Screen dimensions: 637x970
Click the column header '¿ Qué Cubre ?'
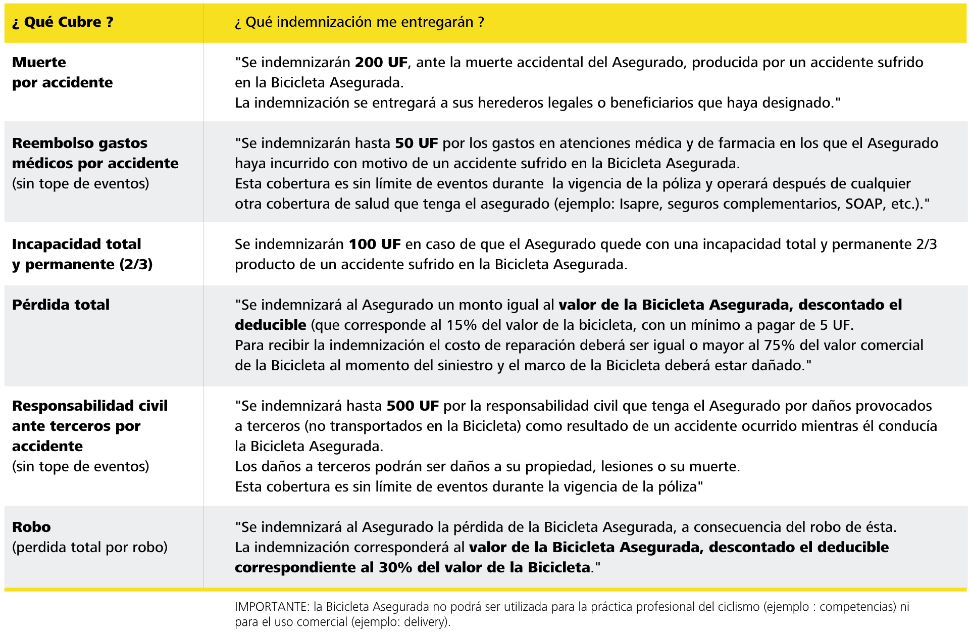pyautogui.click(x=63, y=22)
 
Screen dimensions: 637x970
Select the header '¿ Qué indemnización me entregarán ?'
pyautogui.click(x=359, y=22)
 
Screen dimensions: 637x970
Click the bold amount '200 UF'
pyautogui.click(x=381, y=63)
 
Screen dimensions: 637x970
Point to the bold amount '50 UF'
pyautogui.click(x=416, y=143)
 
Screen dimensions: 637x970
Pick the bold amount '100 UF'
pyautogui.click(x=374, y=244)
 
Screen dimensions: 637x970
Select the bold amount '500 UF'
pyautogui.click(x=412, y=406)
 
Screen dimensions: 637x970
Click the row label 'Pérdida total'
pyautogui.click(x=61, y=305)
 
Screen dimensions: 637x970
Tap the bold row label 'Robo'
pyautogui.click(x=31, y=527)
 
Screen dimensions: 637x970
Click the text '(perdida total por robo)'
pyautogui.click(x=89, y=548)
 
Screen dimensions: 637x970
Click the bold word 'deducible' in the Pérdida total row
pyautogui.click(x=270, y=325)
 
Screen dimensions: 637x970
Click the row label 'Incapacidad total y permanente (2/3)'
pyautogui.click(x=82, y=254)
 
